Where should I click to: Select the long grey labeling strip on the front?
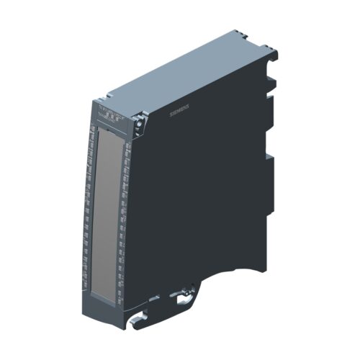107,209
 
